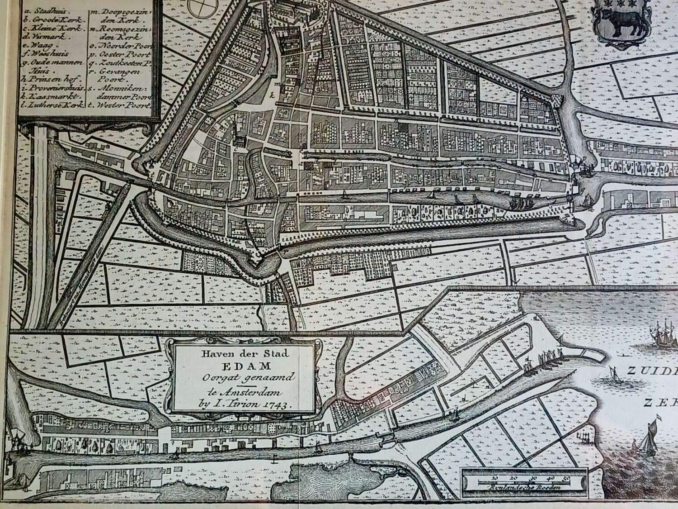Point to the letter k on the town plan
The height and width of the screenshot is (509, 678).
272,95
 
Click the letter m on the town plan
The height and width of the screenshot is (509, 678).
278,84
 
